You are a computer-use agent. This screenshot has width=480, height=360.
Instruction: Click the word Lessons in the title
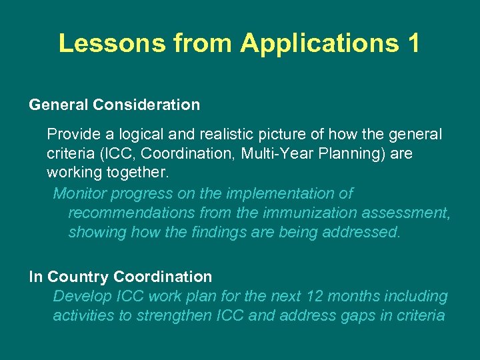(x=111, y=43)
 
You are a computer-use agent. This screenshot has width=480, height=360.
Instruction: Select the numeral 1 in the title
(x=411, y=43)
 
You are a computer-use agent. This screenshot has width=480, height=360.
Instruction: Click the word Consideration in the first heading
(x=146, y=105)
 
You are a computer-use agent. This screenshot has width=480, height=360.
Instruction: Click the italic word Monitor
(x=79, y=193)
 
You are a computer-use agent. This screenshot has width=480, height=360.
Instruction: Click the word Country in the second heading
(x=79, y=276)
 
